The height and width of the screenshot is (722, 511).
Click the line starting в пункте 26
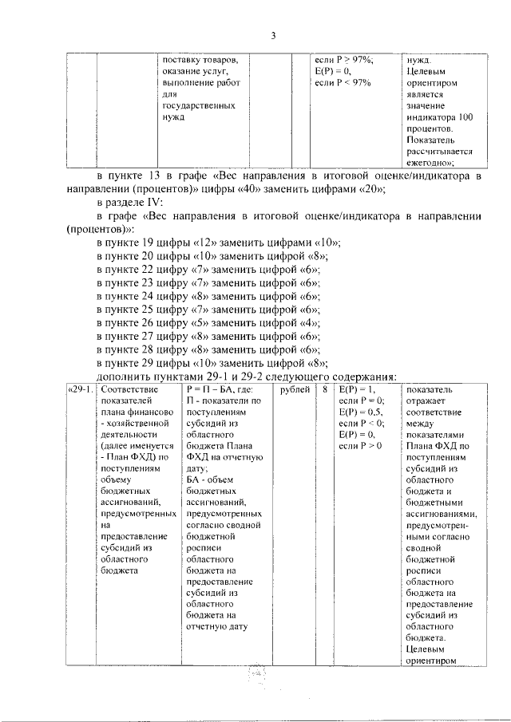[208, 323]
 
